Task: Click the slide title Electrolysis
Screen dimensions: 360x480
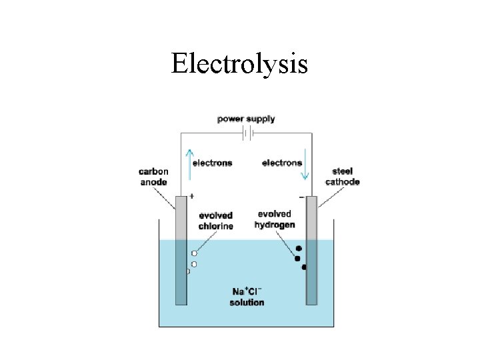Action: tap(239, 65)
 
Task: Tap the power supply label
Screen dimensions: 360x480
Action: tap(246, 119)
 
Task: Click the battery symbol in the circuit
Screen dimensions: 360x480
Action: tap(246, 134)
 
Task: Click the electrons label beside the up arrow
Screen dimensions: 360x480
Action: tap(212, 163)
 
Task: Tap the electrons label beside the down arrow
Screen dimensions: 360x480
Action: tap(282, 163)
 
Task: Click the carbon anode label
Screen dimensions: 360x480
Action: tap(154, 177)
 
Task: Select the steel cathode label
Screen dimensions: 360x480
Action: tap(342, 177)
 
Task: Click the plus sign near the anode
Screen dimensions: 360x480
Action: tap(191, 196)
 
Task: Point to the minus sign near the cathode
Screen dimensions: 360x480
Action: tap(302, 197)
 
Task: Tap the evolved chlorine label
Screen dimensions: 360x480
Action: tap(216, 221)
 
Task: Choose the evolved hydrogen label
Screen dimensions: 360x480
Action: tap(274, 219)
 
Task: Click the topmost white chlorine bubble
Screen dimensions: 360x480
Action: tap(194, 253)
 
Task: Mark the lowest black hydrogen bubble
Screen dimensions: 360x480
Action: tap(304, 267)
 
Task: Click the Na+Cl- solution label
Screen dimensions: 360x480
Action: tap(247, 297)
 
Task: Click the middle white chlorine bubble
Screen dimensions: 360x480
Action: tap(194, 264)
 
